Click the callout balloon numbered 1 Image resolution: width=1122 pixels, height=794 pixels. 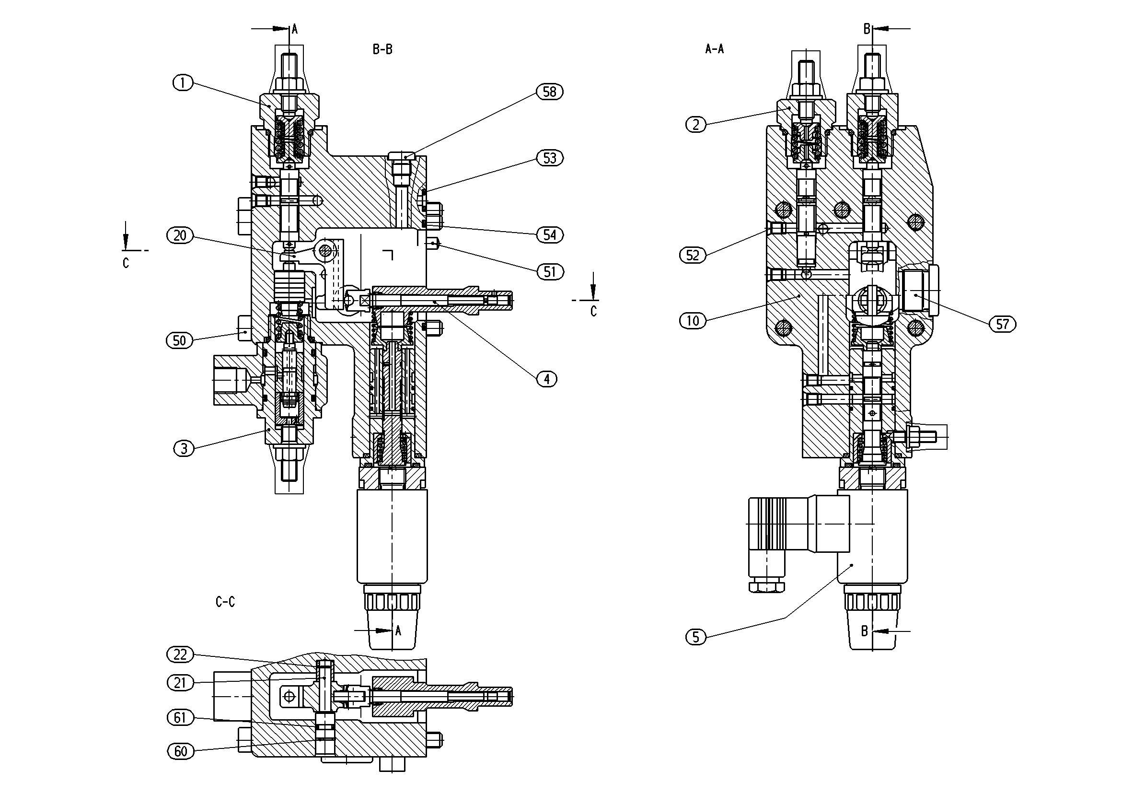183,82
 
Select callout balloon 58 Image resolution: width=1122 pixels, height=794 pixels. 550,92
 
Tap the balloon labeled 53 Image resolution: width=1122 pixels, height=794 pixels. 550,158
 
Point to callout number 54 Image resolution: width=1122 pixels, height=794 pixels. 550,234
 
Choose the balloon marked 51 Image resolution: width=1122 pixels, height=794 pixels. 550,271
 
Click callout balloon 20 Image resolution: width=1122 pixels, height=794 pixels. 180,235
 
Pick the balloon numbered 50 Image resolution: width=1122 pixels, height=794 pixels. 180,340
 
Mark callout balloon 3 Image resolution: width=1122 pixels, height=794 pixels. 184,448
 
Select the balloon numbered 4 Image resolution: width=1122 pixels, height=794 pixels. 547,379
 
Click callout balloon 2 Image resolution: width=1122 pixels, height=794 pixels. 696,125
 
